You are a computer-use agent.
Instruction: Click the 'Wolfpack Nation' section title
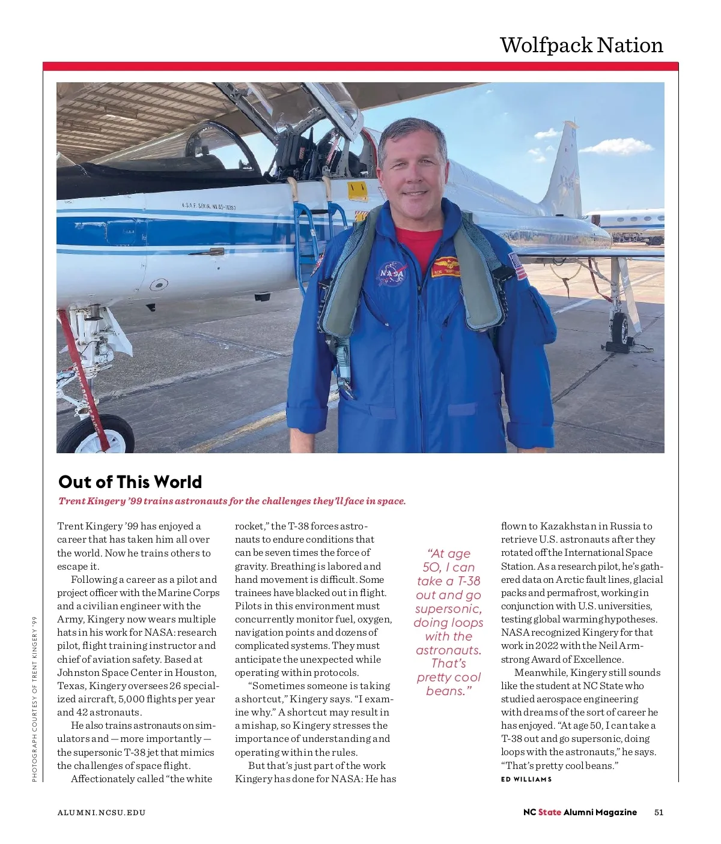[x=581, y=45]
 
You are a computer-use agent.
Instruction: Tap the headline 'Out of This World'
[x=130, y=482]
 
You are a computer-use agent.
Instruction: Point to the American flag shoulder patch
[x=517, y=266]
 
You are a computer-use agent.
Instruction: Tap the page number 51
[x=659, y=812]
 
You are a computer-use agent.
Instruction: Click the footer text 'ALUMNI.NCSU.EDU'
[x=102, y=813]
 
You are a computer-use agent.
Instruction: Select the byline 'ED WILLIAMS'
[x=526, y=779]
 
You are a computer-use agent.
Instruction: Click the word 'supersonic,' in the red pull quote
[x=448, y=609]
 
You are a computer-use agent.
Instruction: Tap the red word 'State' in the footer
[x=549, y=812]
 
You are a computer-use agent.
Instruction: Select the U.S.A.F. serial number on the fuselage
[x=208, y=207]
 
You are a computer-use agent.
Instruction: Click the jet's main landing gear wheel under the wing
[x=621, y=327]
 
